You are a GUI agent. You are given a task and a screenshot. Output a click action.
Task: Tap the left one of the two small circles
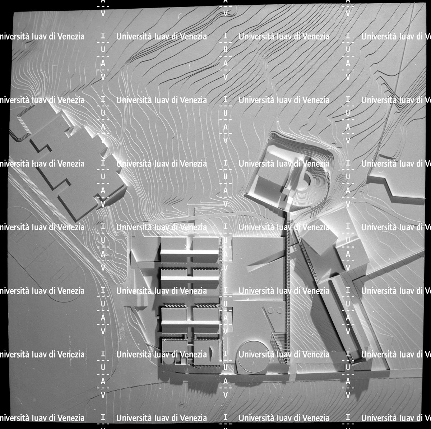point(271,310)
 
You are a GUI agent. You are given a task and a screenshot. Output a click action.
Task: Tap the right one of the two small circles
point(279,310)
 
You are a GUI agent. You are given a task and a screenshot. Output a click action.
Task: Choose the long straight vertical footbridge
point(288,291)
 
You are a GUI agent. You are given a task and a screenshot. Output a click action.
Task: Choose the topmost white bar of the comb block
point(189,252)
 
